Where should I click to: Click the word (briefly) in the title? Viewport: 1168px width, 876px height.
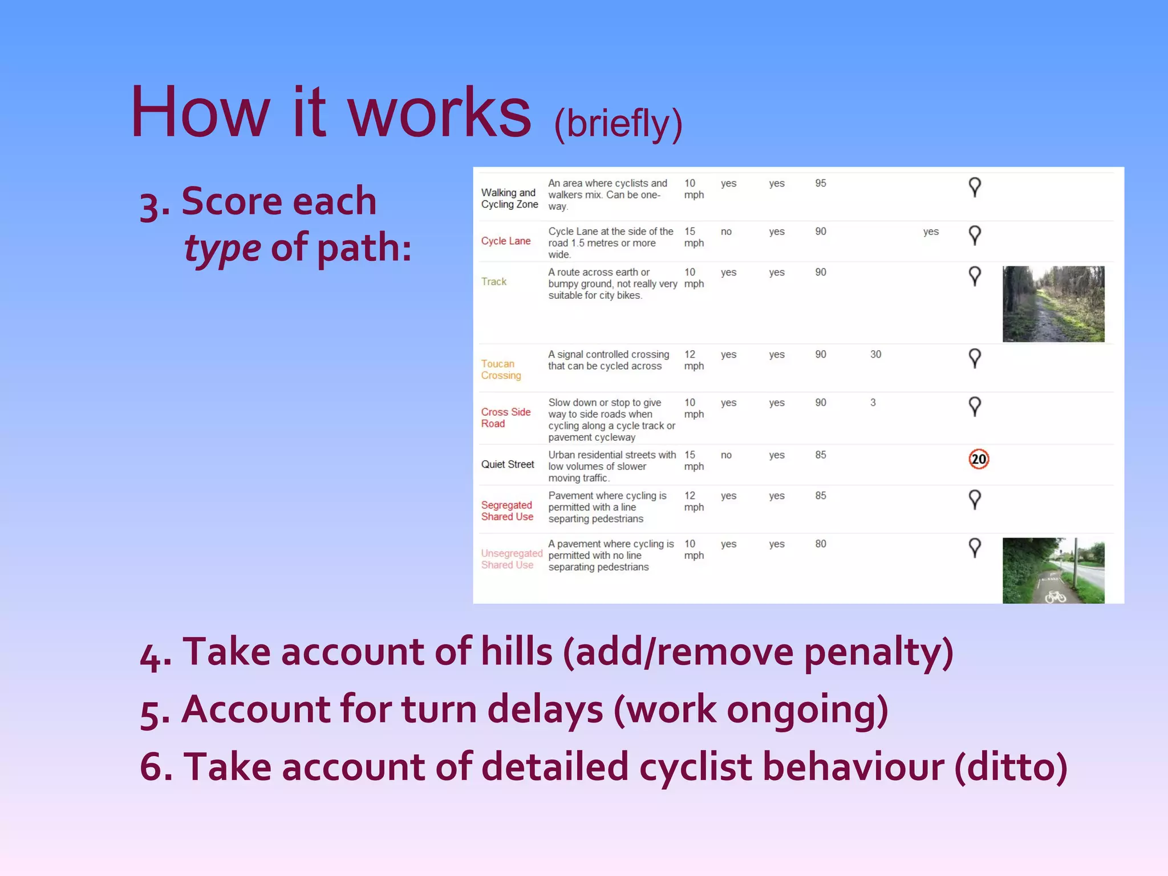coord(618,123)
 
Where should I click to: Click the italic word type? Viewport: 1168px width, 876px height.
coord(222,249)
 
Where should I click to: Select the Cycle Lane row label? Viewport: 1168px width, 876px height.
coord(505,241)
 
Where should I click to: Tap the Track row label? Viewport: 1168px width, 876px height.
coord(493,282)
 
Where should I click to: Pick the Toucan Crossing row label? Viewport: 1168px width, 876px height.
coord(500,370)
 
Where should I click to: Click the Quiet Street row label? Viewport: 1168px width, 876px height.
coord(507,464)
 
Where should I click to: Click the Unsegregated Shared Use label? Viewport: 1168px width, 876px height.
coord(510,559)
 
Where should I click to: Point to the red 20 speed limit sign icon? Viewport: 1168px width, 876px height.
coord(978,459)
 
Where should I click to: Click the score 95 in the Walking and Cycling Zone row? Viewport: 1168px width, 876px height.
coord(820,183)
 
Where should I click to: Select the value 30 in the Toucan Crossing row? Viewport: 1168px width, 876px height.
coord(875,354)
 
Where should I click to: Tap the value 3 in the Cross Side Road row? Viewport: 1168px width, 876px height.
coord(873,403)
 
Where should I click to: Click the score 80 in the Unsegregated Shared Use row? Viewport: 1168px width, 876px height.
coord(820,544)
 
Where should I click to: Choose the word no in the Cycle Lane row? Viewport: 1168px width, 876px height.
coord(725,232)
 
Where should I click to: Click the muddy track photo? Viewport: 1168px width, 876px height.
coord(1053,304)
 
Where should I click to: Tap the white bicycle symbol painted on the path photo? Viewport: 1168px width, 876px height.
coord(1055,597)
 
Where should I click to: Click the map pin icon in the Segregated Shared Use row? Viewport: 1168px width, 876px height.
coord(975,500)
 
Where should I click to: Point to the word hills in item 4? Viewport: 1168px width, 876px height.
coord(516,651)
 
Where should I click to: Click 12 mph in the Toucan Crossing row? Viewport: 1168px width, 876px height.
coord(693,360)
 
